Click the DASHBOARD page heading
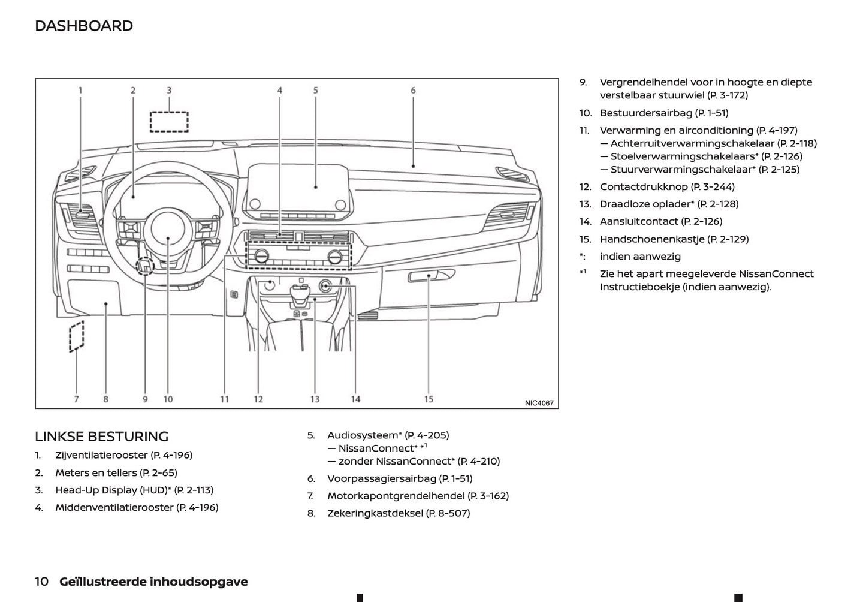[84, 26]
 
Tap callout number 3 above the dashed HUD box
[169, 91]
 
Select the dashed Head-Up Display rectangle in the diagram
[169, 122]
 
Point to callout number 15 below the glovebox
[429, 399]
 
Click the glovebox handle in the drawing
[430, 276]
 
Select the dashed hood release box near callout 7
[76, 336]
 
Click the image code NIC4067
[539, 403]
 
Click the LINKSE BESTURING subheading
[102, 437]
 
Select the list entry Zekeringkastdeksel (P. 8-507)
[399, 513]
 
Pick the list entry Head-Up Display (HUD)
[134, 490]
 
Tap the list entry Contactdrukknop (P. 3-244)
[667, 187]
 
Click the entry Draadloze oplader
[669, 204]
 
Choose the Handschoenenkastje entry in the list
[674, 239]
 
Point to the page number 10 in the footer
[42, 582]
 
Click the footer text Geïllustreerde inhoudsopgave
[153, 582]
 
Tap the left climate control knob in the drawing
[261, 257]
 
